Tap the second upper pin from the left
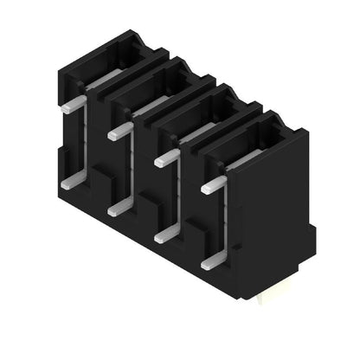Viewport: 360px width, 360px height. click(x=119, y=132)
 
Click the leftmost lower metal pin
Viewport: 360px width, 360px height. click(x=73, y=180)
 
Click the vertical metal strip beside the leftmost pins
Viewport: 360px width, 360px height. click(x=86, y=143)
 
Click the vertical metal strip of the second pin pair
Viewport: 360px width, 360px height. click(x=132, y=169)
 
